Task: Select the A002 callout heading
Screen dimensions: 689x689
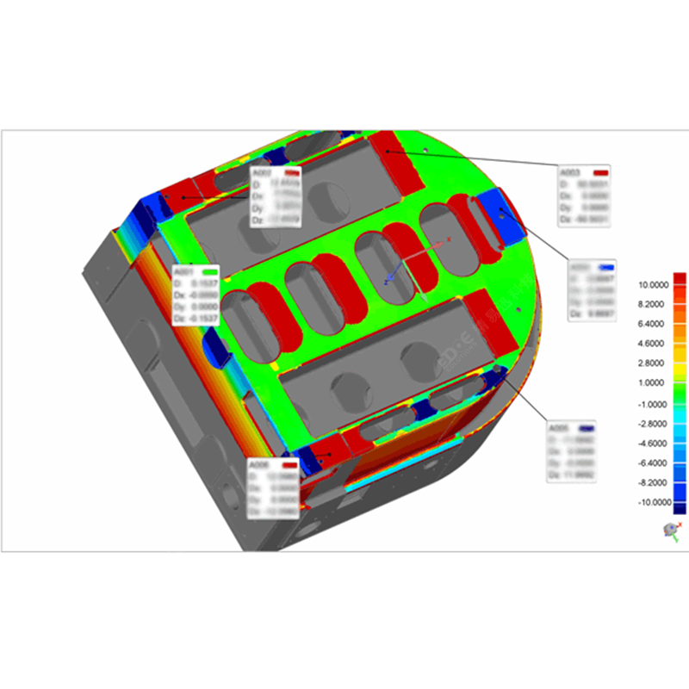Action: point(261,173)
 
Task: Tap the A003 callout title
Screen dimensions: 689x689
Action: point(571,171)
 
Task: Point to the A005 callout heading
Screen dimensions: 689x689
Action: point(560,428)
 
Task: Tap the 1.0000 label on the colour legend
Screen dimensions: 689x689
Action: point(655,383)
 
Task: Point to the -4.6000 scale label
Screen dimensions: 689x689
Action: point(654,443)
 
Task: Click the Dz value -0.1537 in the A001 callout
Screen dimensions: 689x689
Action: point(203,319)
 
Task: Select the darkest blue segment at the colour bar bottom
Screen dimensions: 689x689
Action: point(680,508)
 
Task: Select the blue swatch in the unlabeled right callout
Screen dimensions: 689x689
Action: point(606,268)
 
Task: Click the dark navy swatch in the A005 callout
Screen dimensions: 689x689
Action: point(588,428)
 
